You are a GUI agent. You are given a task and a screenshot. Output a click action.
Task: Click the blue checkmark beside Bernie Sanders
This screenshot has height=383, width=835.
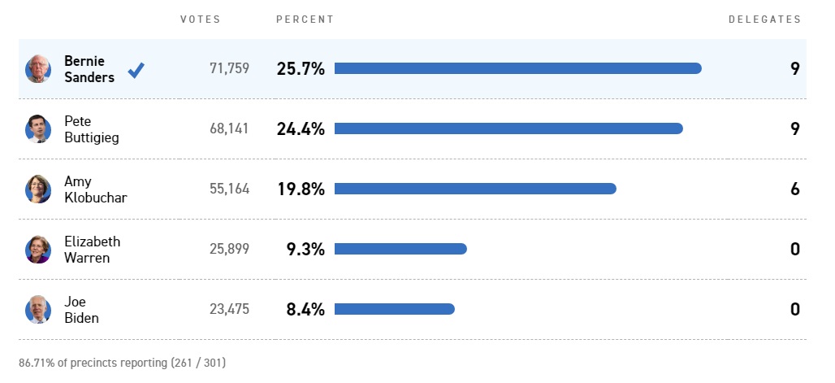136,70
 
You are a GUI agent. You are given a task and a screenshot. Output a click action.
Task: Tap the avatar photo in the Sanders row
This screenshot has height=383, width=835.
38,69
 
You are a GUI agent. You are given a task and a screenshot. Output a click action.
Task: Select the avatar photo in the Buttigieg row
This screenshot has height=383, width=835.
38,129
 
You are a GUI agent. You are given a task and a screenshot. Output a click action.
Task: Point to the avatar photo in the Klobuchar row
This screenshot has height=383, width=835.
38,189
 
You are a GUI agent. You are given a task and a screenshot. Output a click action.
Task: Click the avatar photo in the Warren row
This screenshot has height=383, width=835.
38,250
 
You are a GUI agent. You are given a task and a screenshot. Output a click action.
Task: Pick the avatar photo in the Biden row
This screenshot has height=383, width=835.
38,310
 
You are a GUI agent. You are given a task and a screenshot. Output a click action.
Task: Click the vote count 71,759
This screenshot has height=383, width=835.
229,69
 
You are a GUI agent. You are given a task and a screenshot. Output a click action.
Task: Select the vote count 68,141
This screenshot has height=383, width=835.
229,129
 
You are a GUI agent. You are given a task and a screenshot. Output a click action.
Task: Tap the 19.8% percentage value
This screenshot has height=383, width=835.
301,189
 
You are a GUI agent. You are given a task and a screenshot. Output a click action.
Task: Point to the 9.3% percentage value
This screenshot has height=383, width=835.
305,250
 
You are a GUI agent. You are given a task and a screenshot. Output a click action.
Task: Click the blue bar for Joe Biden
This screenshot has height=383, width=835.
394,309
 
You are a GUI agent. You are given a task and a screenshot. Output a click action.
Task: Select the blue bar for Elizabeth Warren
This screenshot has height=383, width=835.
400,249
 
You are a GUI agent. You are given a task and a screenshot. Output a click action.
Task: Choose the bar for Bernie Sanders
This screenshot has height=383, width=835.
517,68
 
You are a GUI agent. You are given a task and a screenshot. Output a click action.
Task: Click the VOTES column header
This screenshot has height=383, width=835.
200,20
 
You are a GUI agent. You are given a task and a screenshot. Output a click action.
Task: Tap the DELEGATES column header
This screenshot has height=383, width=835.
764,20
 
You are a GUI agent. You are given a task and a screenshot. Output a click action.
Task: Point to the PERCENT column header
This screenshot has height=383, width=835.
305,20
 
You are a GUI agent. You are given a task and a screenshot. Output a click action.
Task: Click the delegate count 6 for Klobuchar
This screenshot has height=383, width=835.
795,189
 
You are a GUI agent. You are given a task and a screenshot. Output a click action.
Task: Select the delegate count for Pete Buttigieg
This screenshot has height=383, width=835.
795,129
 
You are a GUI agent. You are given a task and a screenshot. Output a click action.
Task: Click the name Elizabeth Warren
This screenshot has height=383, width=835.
92,250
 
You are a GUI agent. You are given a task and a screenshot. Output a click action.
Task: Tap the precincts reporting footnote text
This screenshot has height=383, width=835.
122,362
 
